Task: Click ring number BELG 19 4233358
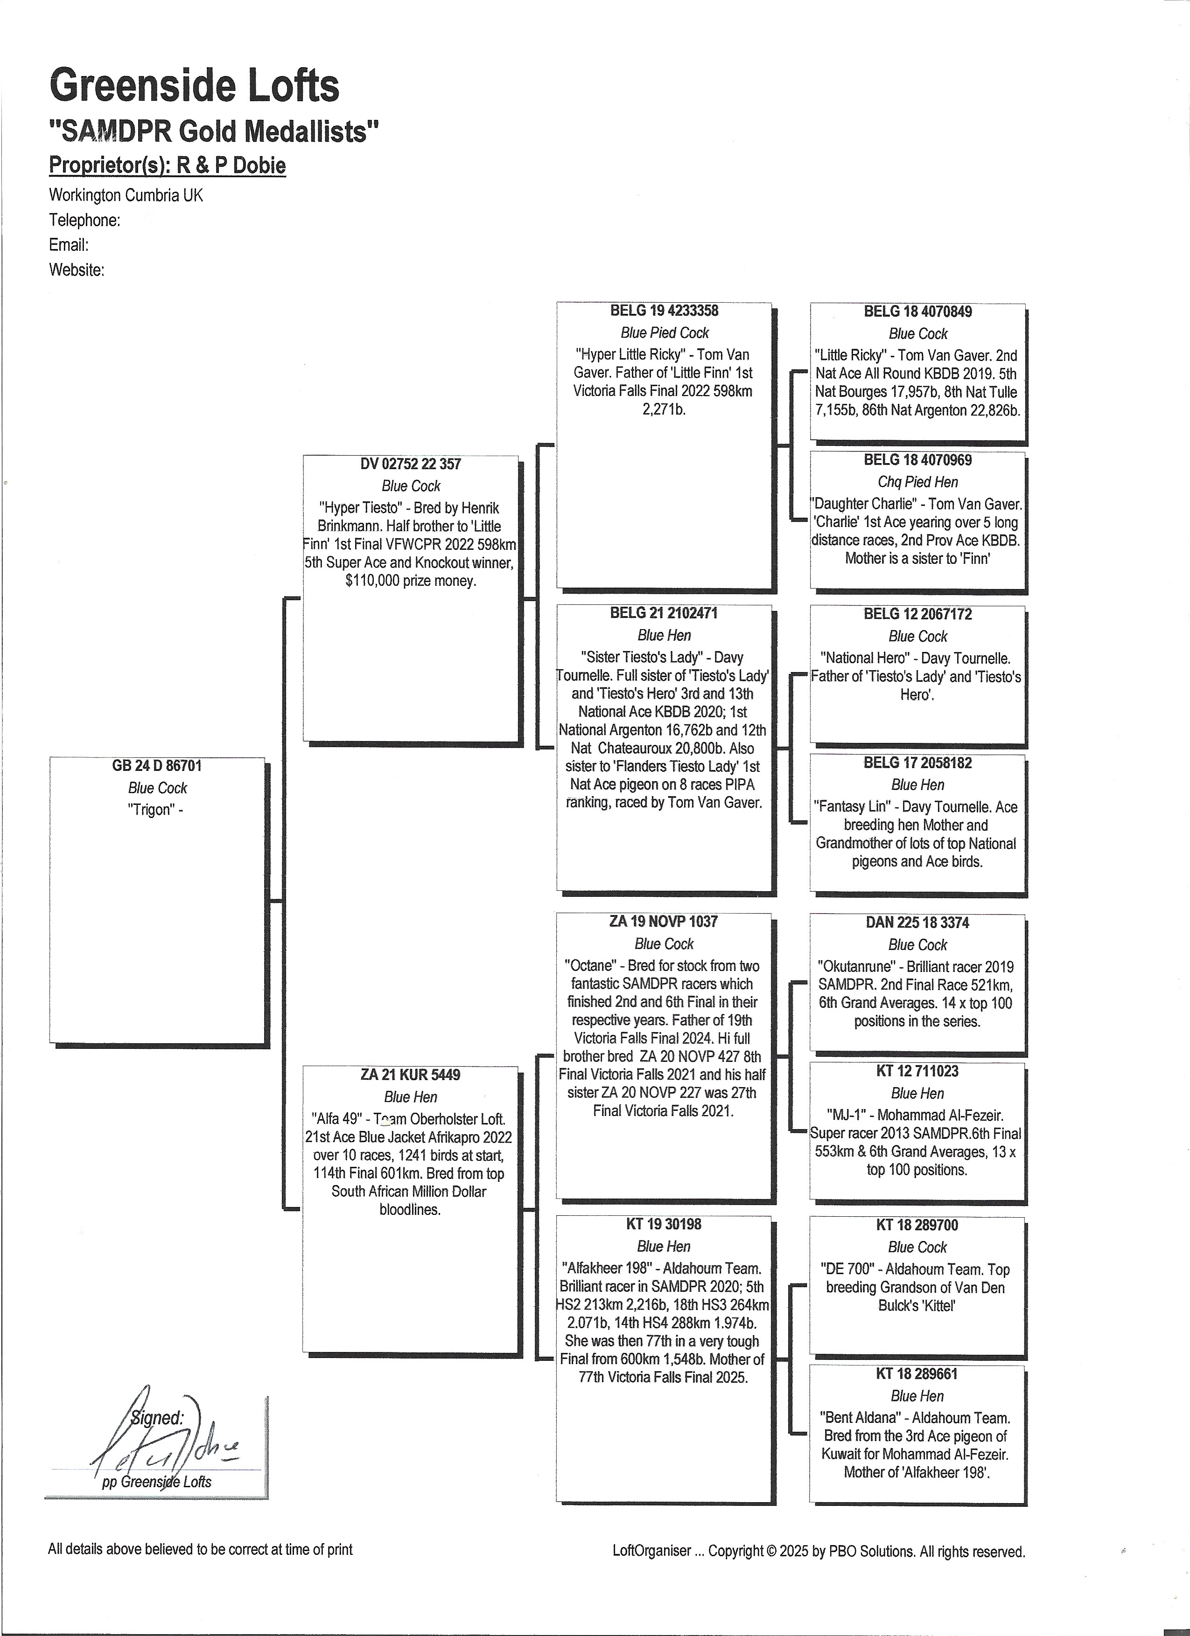click(x=664, y=311)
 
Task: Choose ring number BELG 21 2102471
click(x=664, y=613)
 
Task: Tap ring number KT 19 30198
click(x=664, y=1224)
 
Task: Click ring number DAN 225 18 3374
click(x=917, y=922)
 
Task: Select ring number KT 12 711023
click(x=917, y=1071)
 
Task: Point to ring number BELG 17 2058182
click(x=917, y=763)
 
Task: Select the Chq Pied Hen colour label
click(x=917, y=482)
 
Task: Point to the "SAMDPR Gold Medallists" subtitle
click(x=214, y=132)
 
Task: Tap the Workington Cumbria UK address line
click(x=126, y=195)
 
